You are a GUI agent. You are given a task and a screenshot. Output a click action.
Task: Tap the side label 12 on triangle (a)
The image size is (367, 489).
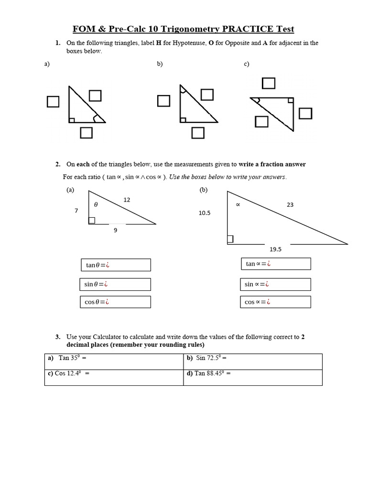coord(127,200)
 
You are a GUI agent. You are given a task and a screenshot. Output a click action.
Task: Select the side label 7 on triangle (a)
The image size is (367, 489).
coord(76,210)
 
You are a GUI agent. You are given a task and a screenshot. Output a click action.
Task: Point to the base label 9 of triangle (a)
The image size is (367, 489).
coord(115,230)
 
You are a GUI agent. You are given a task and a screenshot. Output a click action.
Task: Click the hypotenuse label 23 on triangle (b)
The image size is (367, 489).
coord(290,204)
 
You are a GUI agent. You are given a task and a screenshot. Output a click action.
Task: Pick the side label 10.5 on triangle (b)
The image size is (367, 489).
coord(205,213)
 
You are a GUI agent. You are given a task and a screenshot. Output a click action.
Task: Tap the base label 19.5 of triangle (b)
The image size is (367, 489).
coord(276,249)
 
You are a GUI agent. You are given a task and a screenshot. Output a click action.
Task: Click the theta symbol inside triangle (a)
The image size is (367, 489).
coord(96,204)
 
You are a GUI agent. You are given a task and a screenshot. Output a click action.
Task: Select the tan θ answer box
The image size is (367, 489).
coord(116,265)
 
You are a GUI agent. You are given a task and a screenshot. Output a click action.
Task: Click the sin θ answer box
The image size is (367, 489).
coord(115,285)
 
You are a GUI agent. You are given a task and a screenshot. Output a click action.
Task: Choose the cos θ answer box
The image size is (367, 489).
coord(115,302)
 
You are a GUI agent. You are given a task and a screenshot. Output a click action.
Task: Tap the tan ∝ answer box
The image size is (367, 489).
coord(276,264)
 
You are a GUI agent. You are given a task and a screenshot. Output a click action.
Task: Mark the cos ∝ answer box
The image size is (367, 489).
coord(275,302)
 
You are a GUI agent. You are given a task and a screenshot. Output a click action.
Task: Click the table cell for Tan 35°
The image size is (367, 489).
coord(114,361)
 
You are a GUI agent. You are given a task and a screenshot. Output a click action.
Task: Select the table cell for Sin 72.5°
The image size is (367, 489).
coord(252,361)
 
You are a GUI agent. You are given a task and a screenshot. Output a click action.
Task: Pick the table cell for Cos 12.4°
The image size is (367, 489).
coord(114,377)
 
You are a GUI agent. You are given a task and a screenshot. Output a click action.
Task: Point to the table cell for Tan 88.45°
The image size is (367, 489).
coord(252,377)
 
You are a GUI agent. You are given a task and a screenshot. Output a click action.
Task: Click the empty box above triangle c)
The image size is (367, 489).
coord(269,83)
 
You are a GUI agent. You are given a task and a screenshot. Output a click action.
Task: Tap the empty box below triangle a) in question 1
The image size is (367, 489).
coord(86,133)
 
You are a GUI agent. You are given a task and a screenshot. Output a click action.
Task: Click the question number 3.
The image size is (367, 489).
coord(57,337)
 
